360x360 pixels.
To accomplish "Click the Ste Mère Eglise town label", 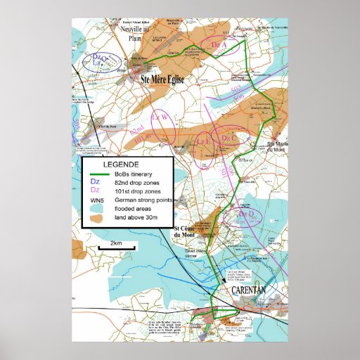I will coord(162,80).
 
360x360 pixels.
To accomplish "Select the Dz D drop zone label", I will coord(248,212).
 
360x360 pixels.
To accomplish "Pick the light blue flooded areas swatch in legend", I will coord(97,209).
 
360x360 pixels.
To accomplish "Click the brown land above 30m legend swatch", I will coord(97,219).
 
